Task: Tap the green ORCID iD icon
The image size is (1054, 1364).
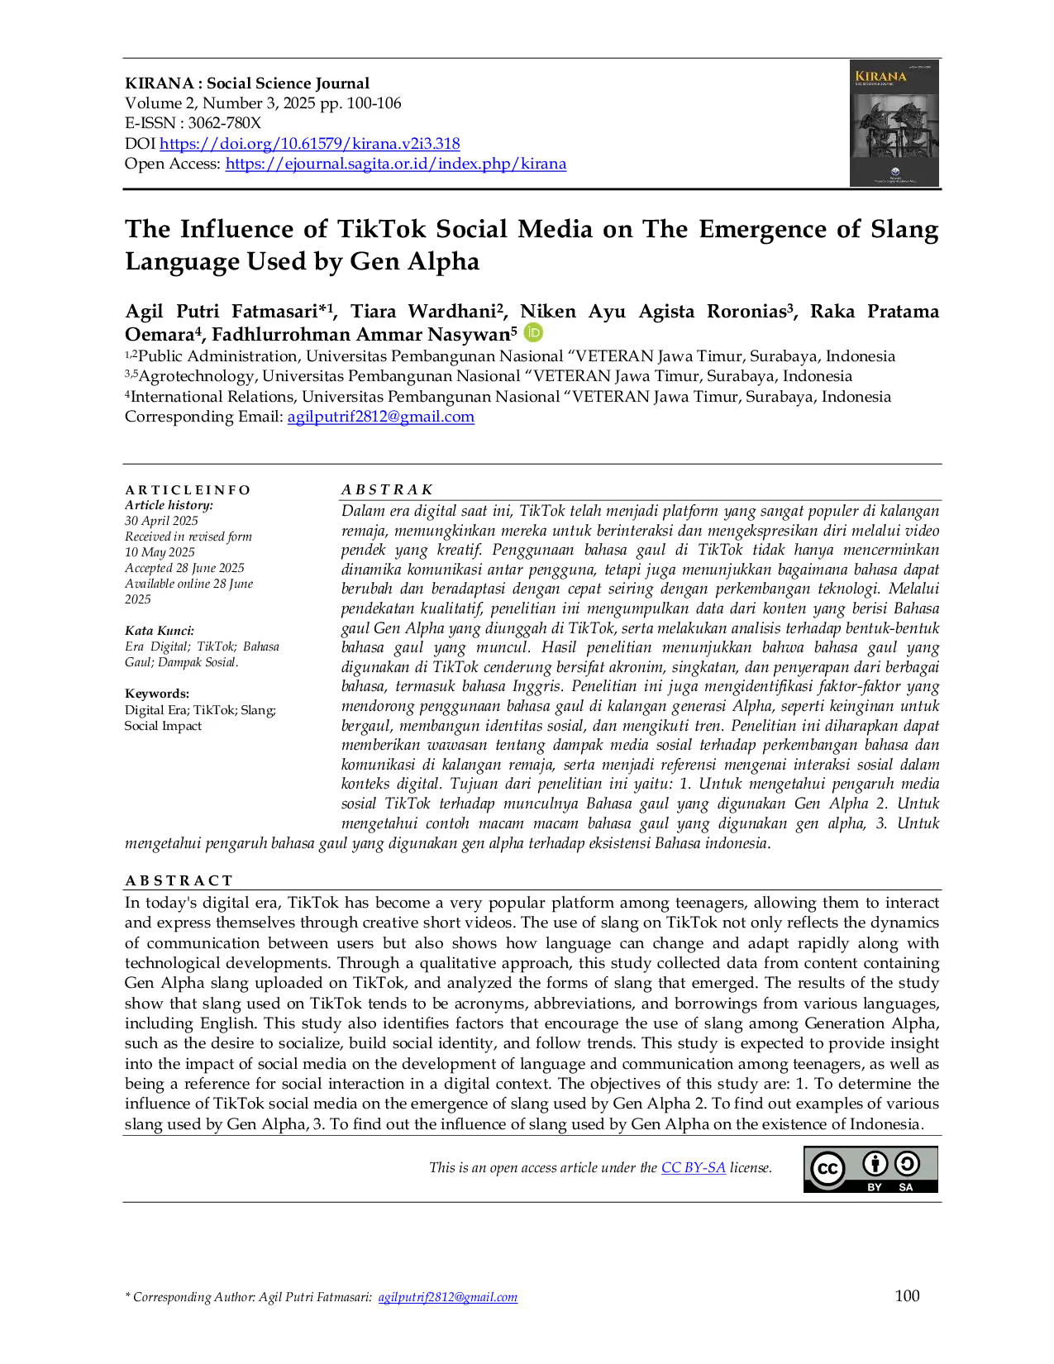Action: click(534, 332)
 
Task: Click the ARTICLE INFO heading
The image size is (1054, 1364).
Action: click(188, 489)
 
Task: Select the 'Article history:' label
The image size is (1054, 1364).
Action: click(169, 505)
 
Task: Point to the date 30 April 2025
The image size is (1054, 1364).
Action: click(161, 521)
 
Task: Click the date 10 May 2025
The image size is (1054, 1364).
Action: click(160, 552)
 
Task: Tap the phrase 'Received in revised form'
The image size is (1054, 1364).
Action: click(188, 537)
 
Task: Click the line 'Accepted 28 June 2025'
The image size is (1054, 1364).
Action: click(184, 568)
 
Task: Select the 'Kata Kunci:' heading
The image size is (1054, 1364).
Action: click(160, 631)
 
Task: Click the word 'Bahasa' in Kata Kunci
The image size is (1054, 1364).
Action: click(260, 646)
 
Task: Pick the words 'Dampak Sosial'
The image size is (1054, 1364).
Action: click(197, 662)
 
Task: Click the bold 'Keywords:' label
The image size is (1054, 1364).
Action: click(157, 694)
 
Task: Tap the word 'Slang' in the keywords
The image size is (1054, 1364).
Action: click(257, 710)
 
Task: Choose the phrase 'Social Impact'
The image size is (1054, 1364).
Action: click(163, 726)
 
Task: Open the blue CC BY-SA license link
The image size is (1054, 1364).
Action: click(694, 1167)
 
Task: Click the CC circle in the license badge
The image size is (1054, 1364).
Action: click(827, 1169)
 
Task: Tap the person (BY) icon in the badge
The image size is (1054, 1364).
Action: click(875, 1164)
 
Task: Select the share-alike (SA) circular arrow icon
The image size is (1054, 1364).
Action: click(907, 1164)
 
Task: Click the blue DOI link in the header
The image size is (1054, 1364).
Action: click(309, 144)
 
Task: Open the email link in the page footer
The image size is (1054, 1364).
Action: click(448, 1298)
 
